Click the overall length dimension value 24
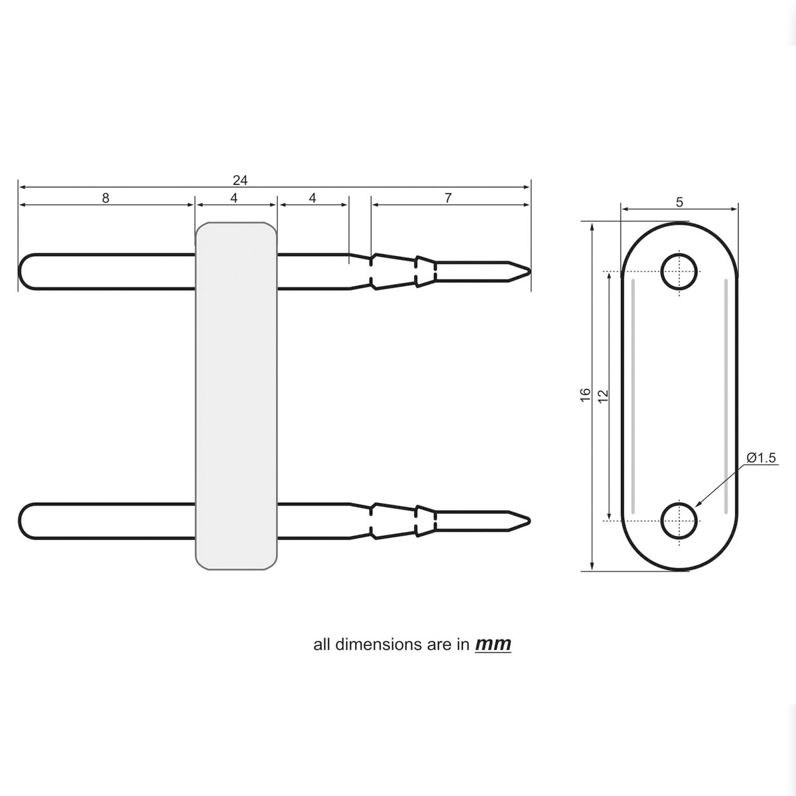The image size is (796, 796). tap(240, 180)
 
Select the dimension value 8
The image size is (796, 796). tap(106, 198)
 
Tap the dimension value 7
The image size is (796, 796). tap(448, 198)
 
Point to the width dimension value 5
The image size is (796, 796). tap(679, 203)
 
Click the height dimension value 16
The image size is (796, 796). tap(585, 393)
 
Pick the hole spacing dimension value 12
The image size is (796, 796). tap(603, 395)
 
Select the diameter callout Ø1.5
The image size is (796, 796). tap(761, 457)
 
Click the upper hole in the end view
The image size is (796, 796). tap(680, 271)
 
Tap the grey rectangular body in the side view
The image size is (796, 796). tap(236, 395)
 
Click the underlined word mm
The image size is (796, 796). tap(493, 644)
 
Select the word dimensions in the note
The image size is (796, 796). tap(375, 644)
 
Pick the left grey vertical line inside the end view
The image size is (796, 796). tap(633, 395)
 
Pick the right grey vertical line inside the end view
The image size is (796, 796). tap(726, 395)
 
